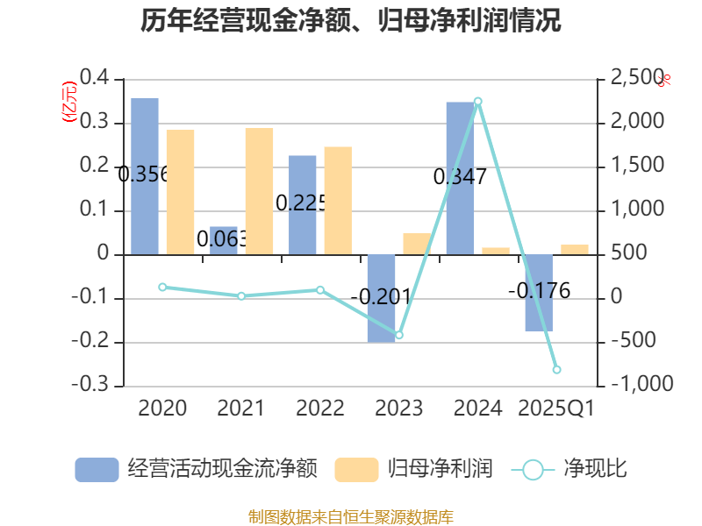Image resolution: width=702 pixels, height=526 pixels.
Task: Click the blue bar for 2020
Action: click(x=145, y=176)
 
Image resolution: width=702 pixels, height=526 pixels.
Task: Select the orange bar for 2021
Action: click(x=259, y=191)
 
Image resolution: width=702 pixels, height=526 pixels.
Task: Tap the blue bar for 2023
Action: click(x=381, y=298)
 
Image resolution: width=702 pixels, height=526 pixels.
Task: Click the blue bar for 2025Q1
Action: click(x=539, y=293)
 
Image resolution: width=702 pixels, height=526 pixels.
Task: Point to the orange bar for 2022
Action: click(x=338, y=200)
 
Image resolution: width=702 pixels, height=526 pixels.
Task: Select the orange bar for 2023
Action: click(x=417, y=244)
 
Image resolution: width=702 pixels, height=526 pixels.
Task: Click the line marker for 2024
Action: click(x=478, y=102)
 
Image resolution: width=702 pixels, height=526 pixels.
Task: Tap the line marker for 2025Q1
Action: click(x=556, y=370)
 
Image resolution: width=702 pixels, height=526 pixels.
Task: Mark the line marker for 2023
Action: click(x=399, y=335)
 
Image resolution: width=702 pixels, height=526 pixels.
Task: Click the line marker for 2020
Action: click(x=162, y=287)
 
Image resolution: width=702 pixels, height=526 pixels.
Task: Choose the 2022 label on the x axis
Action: click(x=320, y=409)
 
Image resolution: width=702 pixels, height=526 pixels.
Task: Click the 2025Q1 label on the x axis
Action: click(x=556, y=409)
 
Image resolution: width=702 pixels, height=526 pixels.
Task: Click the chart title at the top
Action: click(x=351, y=21)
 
